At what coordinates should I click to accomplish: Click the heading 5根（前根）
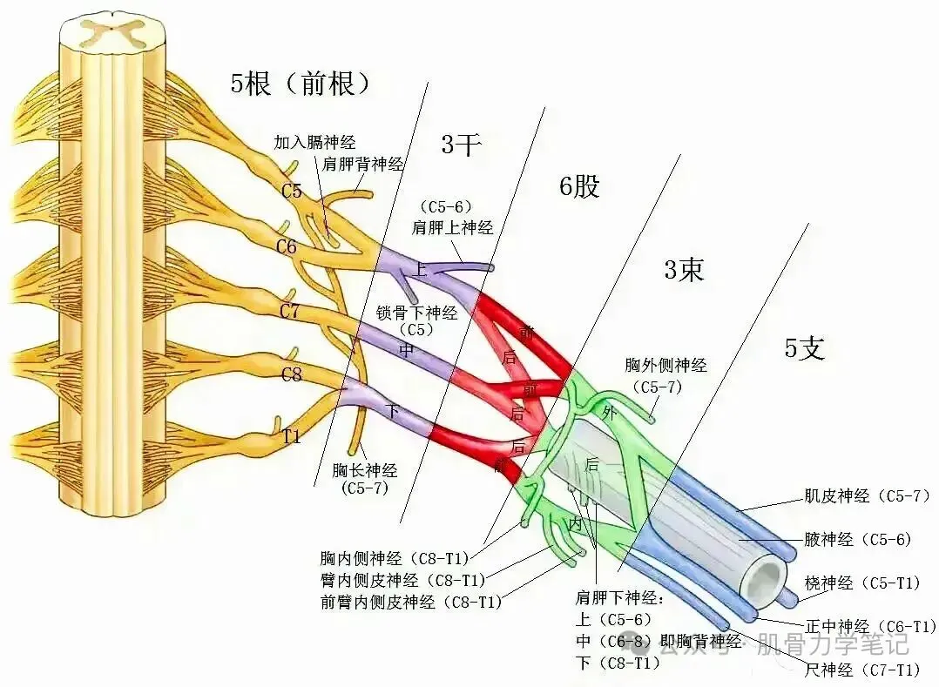301,84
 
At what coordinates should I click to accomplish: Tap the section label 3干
461,145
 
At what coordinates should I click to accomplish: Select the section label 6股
580,186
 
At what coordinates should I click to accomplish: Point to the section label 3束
684,270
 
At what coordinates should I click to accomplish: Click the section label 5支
804,348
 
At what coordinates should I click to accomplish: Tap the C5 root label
291,190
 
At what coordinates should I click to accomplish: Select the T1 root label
291,437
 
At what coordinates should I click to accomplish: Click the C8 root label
291,374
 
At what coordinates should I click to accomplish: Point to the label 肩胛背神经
362,164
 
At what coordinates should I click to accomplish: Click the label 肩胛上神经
452,228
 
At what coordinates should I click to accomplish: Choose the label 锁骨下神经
415,312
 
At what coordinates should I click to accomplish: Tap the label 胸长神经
365,471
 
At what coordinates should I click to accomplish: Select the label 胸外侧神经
665,366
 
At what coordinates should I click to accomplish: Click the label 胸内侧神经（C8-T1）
395,558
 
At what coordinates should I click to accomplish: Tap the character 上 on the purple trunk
421,270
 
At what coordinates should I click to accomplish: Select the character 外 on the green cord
609,414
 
